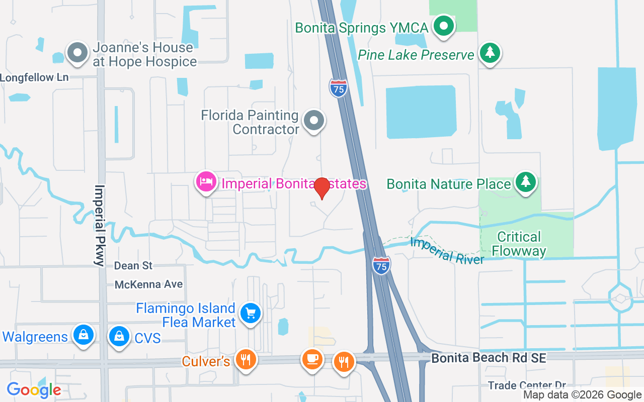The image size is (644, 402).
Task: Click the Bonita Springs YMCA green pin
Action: click(443, 26)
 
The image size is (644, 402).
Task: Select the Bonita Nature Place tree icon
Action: click(526, 181)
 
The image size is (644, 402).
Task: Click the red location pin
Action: click(321, 188)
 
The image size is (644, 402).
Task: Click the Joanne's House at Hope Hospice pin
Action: click(78, 53)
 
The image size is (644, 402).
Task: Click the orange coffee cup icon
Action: click(312, 359)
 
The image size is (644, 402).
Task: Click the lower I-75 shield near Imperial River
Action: click(381, 265)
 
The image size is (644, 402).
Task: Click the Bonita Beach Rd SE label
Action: click(489, 358)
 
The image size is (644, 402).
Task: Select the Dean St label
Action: click(133, 265)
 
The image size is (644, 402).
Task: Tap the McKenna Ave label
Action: click(148, 284)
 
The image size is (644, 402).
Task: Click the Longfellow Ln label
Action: click(34, 77)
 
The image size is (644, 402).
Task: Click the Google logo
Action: click(34, 389)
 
